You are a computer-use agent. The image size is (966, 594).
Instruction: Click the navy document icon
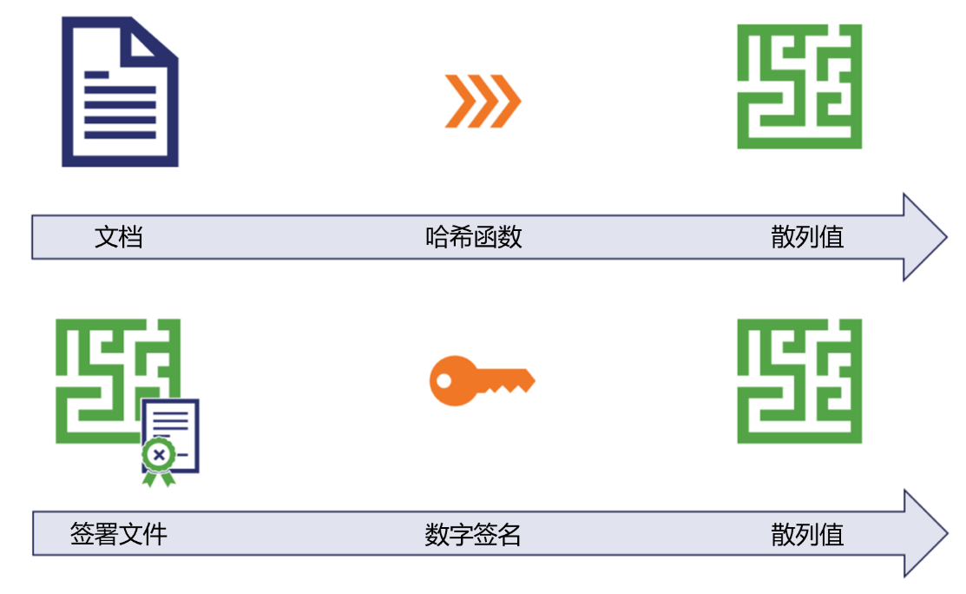pos(120,92)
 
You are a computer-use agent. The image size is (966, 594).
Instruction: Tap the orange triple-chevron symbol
pos(483,101)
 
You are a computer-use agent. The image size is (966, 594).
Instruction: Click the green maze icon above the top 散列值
pos(799,86)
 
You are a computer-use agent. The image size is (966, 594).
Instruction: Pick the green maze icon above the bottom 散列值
pos(799,380)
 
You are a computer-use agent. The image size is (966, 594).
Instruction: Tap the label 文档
pos(118,237)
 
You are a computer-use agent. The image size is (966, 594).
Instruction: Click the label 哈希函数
pos(474,237)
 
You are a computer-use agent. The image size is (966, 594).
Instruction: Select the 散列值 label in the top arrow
pos(807,237)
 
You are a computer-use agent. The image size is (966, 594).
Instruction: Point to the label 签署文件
pos(118,534)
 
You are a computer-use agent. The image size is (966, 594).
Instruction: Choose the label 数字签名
pos(474,534)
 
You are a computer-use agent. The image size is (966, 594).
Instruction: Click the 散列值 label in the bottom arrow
pos(807,534)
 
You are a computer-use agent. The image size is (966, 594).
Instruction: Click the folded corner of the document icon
pos(156,39)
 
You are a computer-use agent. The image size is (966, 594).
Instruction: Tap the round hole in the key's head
pos(444,380)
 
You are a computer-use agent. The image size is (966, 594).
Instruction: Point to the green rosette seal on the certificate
pos(157,455)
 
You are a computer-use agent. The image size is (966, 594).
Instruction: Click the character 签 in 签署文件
pos(82,534)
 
